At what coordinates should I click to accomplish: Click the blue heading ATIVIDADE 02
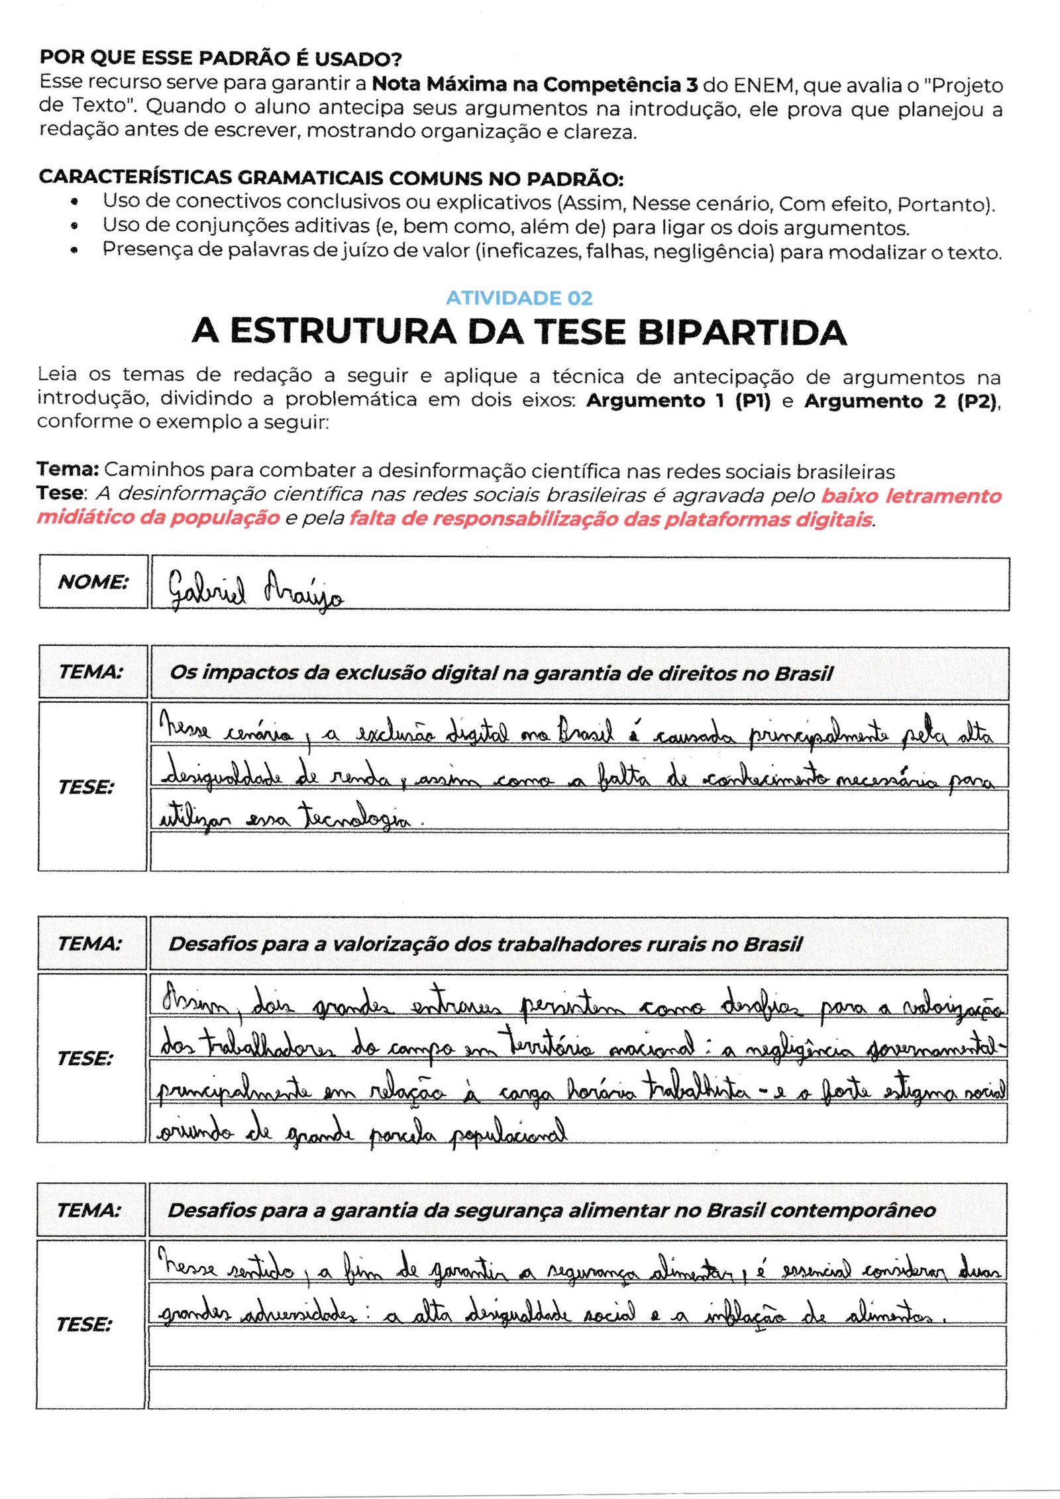click(x=519, y=298)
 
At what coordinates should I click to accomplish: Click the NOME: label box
click(x=93, y=582)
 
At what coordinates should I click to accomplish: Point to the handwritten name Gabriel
click(x=206, y=589)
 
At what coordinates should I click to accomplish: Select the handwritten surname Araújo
click(x=303, y=589)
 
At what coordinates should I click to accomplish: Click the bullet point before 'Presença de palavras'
click(x=76, y=250)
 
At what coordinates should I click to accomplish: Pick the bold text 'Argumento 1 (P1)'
click(x=678, y=401)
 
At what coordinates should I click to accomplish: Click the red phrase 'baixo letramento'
click(x=911, y=495)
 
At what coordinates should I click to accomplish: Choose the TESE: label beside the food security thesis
click(x=85, y=1324)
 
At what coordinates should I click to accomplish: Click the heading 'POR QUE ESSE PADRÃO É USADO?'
click(x=221, y=58)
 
